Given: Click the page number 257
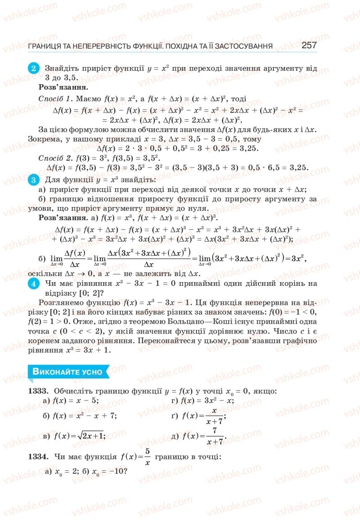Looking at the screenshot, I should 309,45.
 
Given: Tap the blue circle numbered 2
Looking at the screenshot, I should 34,69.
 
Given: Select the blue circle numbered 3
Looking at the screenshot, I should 34,181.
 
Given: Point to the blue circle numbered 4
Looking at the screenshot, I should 34,283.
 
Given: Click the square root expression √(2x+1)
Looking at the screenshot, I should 89,436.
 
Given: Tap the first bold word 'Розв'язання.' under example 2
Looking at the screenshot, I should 63,87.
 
